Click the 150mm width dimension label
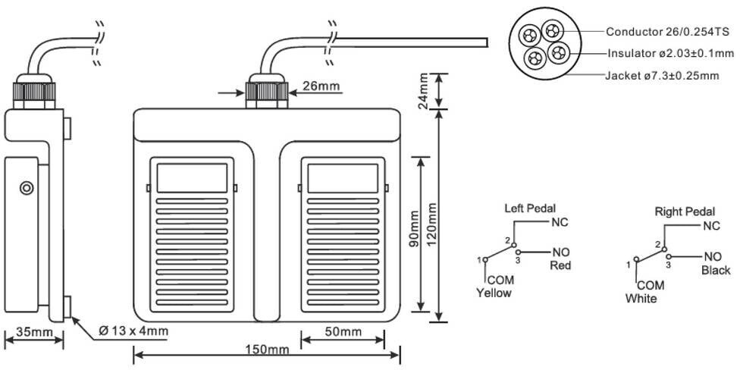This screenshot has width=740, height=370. (x=267, y=350)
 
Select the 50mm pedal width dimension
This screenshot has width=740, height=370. (x=343, y=332)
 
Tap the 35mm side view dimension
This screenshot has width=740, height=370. (x=34, y=332)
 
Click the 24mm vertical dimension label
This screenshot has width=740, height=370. (x=423, y=91)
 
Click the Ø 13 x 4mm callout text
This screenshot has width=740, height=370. (x=133, y=331)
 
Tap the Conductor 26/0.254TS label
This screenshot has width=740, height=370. (x=667, y=32)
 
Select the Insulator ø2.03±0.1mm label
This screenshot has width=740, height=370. (x=670, y=53)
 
